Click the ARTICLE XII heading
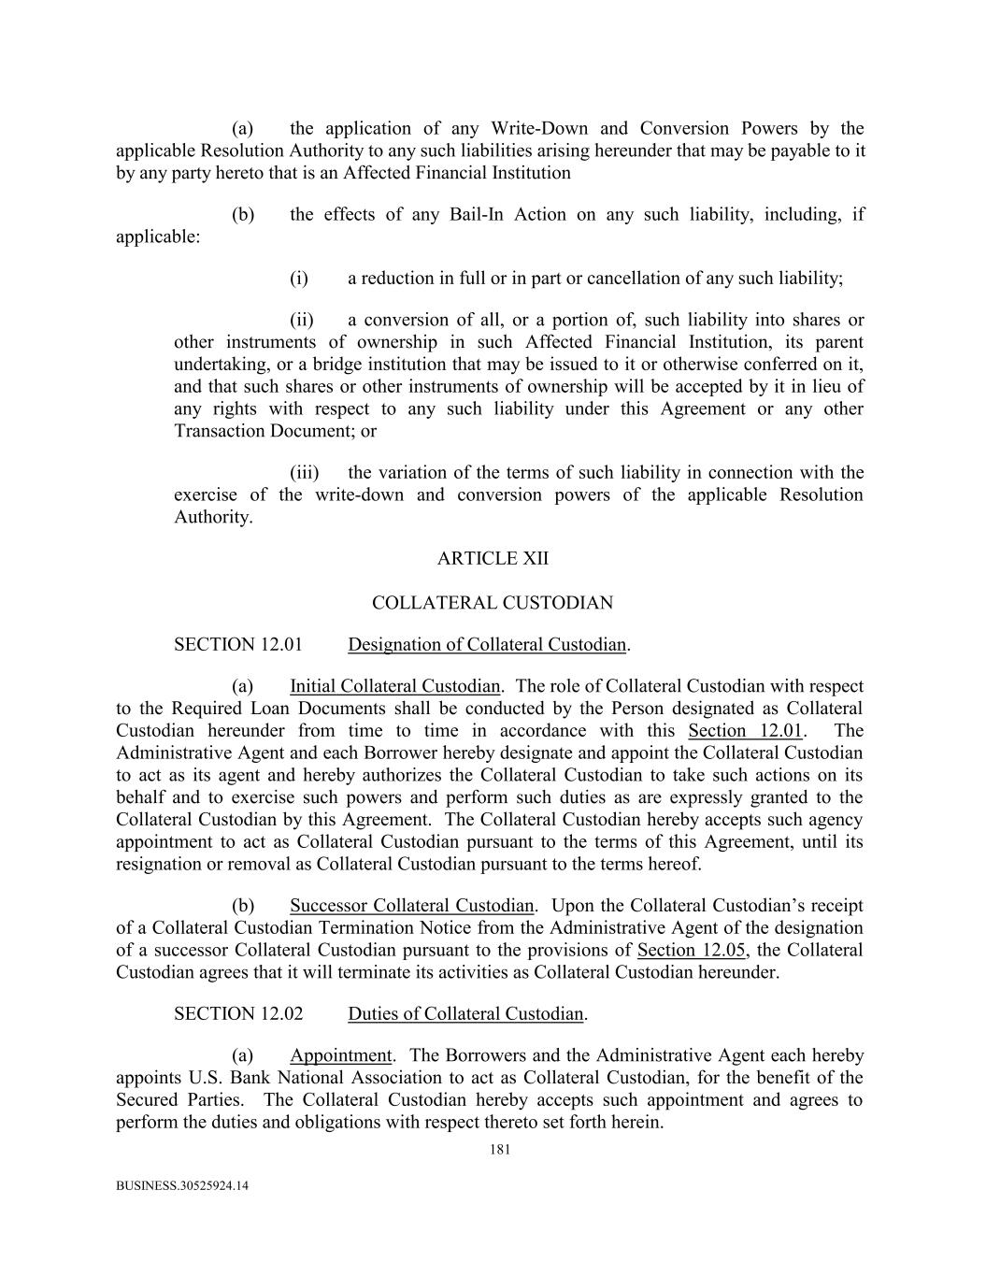pos(493,558)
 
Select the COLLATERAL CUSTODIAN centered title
pos(493,603)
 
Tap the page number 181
pos(500,1150)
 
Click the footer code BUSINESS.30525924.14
pos(182,1186)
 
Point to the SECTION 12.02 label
pos(238,1013)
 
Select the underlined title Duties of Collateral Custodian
pos(466,1013)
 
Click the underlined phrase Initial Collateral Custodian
pos(394,687)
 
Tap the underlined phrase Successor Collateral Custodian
pos(411,905)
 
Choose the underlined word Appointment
pos(340,1055)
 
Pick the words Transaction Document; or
pos(275,431)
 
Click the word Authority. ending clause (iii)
pos(213,517)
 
